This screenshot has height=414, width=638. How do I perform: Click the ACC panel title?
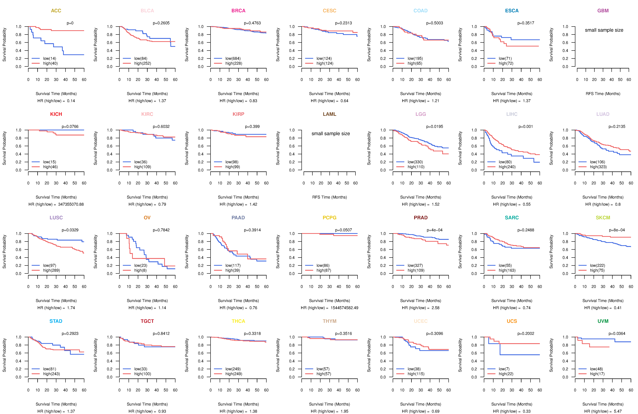pyautogui.click(x=56, y=11)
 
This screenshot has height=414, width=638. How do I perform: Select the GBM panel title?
pyautogui.click(x=603, y=11)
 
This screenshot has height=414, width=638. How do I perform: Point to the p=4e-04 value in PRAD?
pyautogui.click(x=435, y=230)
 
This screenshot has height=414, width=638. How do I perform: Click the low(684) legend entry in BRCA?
pyautogui.click(x=233, y=58)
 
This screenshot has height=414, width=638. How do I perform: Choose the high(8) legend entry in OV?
pyautogui.click(x=140, y=270)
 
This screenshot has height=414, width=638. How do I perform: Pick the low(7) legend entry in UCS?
pyautogui.click(x=504, y=369)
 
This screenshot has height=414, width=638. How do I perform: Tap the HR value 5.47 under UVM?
pyautogui.click(x=618, y=411)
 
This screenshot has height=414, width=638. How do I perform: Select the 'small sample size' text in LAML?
pyautogui.click(x=330, y=134)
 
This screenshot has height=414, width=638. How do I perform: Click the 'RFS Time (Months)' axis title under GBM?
pyautogui.click(x=603, y=94)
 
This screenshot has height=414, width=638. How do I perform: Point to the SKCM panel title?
pyautogui.click(x=603, y=218)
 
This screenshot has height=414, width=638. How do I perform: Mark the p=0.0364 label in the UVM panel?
pyautogui.click(x=617, y=333)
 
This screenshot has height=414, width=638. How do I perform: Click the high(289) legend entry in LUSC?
pyautogui.click(x=51, y=270)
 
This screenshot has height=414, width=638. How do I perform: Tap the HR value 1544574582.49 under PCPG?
pyautogui.click(x=344, y=308)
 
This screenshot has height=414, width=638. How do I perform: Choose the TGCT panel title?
pyautogui.click(x=147, y=321)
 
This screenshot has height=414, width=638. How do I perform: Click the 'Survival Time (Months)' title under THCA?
pyautogui.click(x=238, y=404)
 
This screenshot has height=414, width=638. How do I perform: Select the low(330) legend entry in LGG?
pyautogui.click(x=415, y=162)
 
